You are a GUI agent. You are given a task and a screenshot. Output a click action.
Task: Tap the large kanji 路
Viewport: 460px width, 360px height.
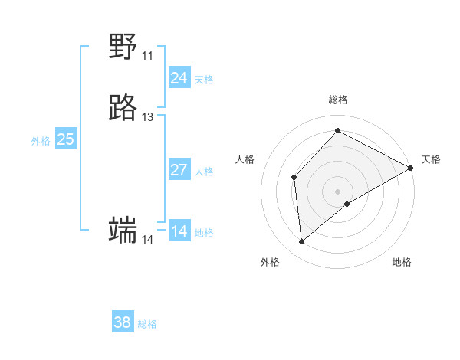(123, 109)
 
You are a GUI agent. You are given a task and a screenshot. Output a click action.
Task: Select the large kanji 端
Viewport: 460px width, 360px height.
(123, 231)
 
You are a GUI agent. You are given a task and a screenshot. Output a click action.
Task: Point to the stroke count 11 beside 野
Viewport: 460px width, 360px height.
(147, 56)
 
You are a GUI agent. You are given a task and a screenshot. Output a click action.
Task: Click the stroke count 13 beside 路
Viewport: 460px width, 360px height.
(147, 117)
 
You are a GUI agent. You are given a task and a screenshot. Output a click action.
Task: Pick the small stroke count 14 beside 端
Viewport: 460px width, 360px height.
(147, 240)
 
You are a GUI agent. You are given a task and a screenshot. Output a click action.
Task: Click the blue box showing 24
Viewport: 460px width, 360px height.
(179, 78)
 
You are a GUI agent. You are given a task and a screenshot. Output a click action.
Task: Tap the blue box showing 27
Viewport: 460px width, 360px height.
(179, 170)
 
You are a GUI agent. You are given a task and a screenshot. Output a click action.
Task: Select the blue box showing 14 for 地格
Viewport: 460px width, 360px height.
(179, 231)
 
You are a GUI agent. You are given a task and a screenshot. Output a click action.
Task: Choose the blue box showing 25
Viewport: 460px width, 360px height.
(66, 139)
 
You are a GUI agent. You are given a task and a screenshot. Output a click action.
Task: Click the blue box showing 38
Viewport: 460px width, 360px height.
(123, 322)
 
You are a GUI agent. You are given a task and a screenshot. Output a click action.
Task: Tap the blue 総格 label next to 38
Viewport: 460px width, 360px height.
(147, 324)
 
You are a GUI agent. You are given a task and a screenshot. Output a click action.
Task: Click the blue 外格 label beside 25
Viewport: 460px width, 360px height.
(41, 141)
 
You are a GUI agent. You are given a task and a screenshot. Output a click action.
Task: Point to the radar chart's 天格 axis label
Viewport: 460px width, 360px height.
(431, 159)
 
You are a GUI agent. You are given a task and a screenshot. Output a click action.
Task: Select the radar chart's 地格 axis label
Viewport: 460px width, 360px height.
(402, 262)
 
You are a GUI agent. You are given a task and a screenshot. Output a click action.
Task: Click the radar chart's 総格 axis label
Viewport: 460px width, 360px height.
(337, 100)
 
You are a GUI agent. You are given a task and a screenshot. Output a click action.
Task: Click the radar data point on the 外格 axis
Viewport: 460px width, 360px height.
(301, 242)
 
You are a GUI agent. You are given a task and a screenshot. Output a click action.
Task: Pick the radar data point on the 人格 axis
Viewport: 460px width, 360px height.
(294, 178)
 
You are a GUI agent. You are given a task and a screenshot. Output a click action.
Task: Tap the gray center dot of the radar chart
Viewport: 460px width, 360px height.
(337, 191)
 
